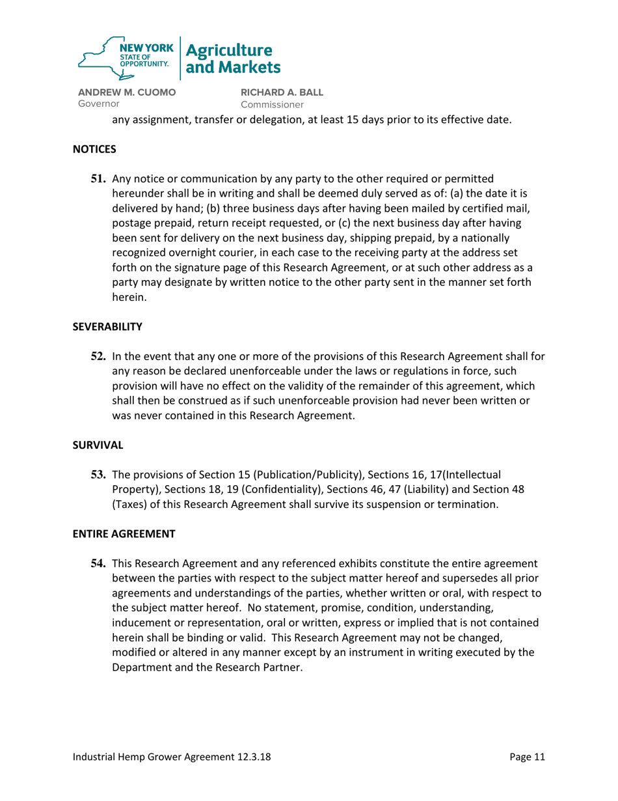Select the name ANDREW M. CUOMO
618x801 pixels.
coord(127,92)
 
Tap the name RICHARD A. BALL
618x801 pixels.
coord(282,92)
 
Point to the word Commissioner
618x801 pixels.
coord(272,104)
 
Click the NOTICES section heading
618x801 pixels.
coord(94,149)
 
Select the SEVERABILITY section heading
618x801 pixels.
coord(107,328)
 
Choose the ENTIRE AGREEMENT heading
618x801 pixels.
coord(124,534)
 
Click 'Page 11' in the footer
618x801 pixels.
coord(527,757)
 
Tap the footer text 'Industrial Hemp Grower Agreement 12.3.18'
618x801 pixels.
coord(176,757)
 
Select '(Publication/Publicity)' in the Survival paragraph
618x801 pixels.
coord(293,475)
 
